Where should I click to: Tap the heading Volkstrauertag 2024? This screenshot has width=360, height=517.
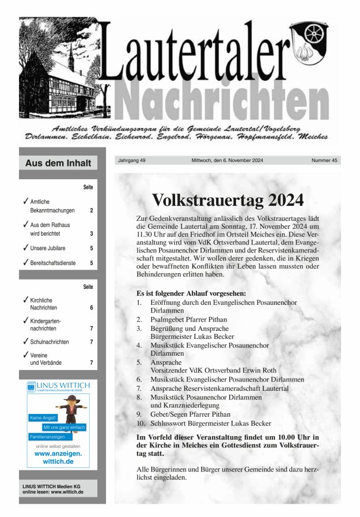228,200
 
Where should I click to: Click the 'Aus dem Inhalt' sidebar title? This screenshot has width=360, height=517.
58,163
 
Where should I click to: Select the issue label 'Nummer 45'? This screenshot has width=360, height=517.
324,160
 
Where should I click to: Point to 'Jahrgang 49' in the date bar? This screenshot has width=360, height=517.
132,160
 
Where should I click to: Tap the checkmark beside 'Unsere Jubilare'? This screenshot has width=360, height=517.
25,247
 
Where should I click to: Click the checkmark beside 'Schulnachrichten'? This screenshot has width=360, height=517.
25,341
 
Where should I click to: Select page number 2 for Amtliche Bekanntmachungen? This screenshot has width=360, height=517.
92,210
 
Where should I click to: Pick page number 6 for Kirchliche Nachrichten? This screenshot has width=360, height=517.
92,308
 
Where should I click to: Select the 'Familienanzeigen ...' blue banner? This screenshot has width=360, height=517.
50,437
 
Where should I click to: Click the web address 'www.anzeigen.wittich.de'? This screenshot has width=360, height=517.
58,458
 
